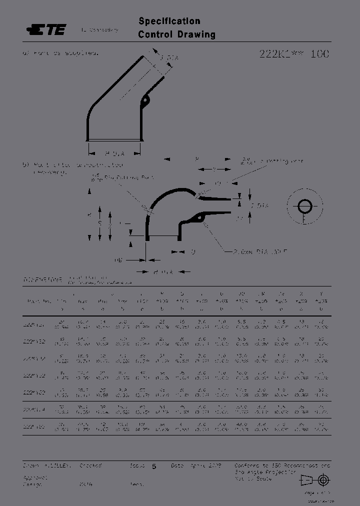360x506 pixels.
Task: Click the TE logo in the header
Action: click(x=46, y=30)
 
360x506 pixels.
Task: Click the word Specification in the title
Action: click(x=169, y=21)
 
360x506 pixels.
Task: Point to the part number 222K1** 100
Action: click(x=294, y=54)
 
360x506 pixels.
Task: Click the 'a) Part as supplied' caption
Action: click(x=60, y=52)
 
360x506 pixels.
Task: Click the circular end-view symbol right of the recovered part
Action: click(x=304, y=206)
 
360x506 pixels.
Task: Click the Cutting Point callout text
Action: click(x=134, y=177)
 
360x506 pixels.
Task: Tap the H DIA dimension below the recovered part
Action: click(x=163, y=271)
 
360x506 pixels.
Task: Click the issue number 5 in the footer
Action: click(x=154, y=466)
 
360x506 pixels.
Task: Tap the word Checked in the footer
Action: click(x=90, y=465)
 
